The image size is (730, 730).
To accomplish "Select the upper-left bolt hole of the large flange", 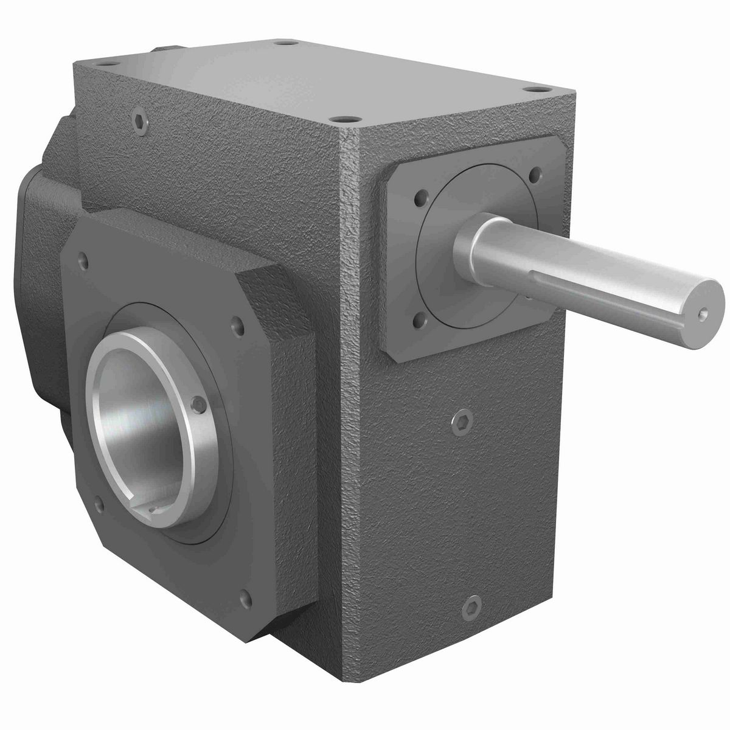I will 84,262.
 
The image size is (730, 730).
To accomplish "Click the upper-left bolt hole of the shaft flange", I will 419,199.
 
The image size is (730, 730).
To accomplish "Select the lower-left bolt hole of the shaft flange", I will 419,317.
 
